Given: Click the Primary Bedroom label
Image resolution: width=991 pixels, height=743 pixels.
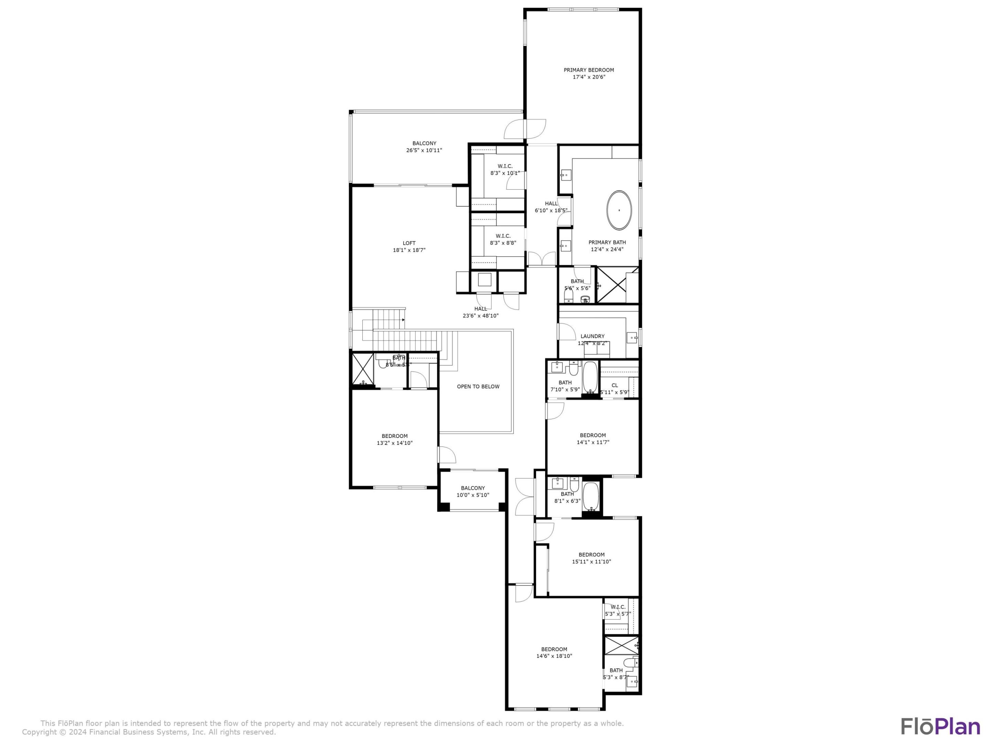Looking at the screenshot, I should coord(588,70).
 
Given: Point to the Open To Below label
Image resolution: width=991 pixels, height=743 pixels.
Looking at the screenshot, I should coord(478,387).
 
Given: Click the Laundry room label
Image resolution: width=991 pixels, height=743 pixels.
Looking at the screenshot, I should coord(592,336).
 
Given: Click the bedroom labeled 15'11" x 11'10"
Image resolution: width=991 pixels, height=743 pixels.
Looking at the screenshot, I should coord(591,558).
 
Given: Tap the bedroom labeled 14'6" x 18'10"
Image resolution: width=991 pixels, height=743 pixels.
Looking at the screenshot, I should coord(554,653).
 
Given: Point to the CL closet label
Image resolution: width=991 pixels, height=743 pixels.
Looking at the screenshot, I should coord(614,385).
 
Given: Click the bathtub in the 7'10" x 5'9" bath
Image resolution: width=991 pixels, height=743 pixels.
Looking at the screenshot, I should coord(589,378).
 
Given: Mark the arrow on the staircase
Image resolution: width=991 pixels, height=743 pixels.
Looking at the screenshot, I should coord(403,320).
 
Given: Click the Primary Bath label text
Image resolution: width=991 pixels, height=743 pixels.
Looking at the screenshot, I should coord(607,242).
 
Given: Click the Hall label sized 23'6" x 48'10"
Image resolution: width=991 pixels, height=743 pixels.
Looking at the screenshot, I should coord(480,309).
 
